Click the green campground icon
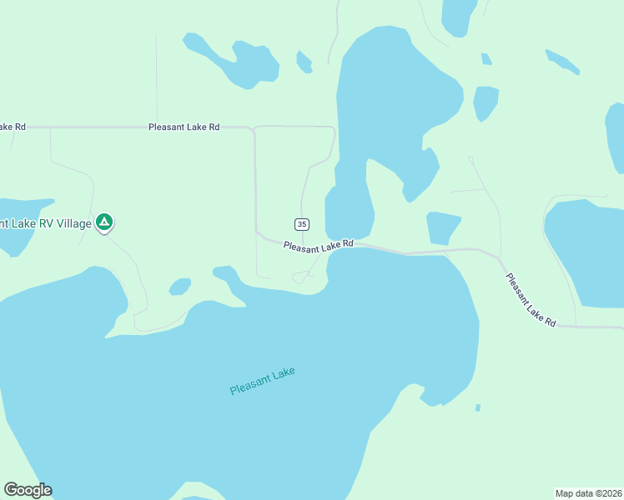(104, 222)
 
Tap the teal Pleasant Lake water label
(263, 382)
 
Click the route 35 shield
(302, 224)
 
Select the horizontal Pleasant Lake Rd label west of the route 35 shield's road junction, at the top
(184, 127)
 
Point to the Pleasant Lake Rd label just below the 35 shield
(318, 246)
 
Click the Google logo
(28, 490)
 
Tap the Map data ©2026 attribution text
(588, 493)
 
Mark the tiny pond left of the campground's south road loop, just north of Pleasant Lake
(179, 287)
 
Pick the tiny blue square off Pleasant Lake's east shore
(477, 407)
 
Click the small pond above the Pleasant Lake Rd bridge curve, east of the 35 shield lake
(442, 227)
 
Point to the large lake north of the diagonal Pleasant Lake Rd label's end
(584, 250)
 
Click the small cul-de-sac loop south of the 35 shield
(299, 277)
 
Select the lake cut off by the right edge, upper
(616, 137)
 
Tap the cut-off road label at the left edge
(13, 127)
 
